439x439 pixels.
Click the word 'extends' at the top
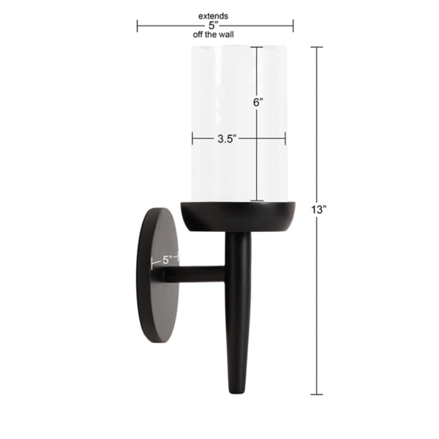[213, 15]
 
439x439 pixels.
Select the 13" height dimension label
[318, 210]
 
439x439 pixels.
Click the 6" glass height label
[258, 102]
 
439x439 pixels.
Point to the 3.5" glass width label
[227, 138]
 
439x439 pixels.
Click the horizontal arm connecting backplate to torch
[198, 275]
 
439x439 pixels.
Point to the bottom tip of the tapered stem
[237, 392]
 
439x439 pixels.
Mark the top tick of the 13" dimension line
[317, 47]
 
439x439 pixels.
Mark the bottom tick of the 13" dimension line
[317, 394]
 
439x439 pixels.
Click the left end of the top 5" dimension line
[138, 26]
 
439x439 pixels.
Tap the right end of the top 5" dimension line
[293, 26]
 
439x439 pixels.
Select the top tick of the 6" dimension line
[257, 47]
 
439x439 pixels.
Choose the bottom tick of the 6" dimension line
[257, 200]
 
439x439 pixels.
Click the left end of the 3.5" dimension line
[192, 138]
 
